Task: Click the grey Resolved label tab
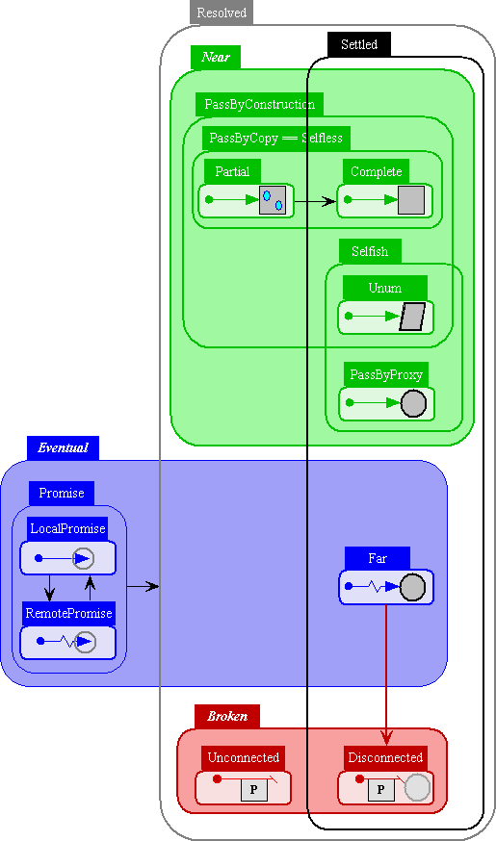[222, 13]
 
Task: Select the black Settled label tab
[359, 44]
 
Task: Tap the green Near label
[216, 58]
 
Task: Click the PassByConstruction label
[259, 104]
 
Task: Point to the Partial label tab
[232, 171]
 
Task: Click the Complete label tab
[376, 171]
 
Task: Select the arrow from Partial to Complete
[315, 202]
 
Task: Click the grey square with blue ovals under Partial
[273, 200]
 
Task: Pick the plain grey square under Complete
[411, 200]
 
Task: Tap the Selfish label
[370, 251]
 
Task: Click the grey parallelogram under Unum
[412, 317]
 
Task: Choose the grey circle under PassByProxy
[413, 403]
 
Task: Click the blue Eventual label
[63, 447]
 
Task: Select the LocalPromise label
[67, 529]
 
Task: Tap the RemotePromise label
[68, 614]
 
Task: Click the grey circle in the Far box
[412, 587]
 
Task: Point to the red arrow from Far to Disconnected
[386, 675]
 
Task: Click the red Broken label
[227, 717]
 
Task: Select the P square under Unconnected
[254, 789]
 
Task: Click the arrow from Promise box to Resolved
[143, 587]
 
